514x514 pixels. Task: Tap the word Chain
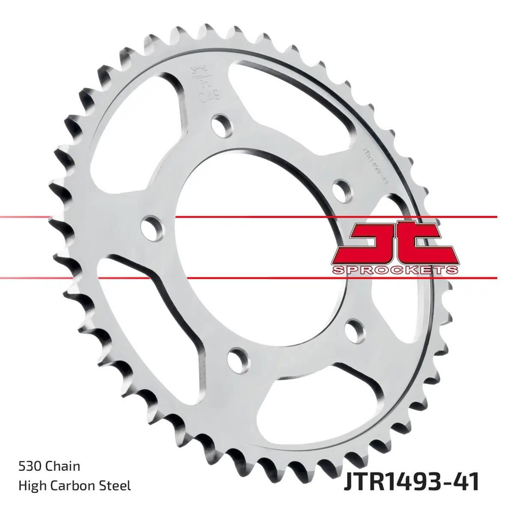[63, 466]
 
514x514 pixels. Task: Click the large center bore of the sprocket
[253, 231]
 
